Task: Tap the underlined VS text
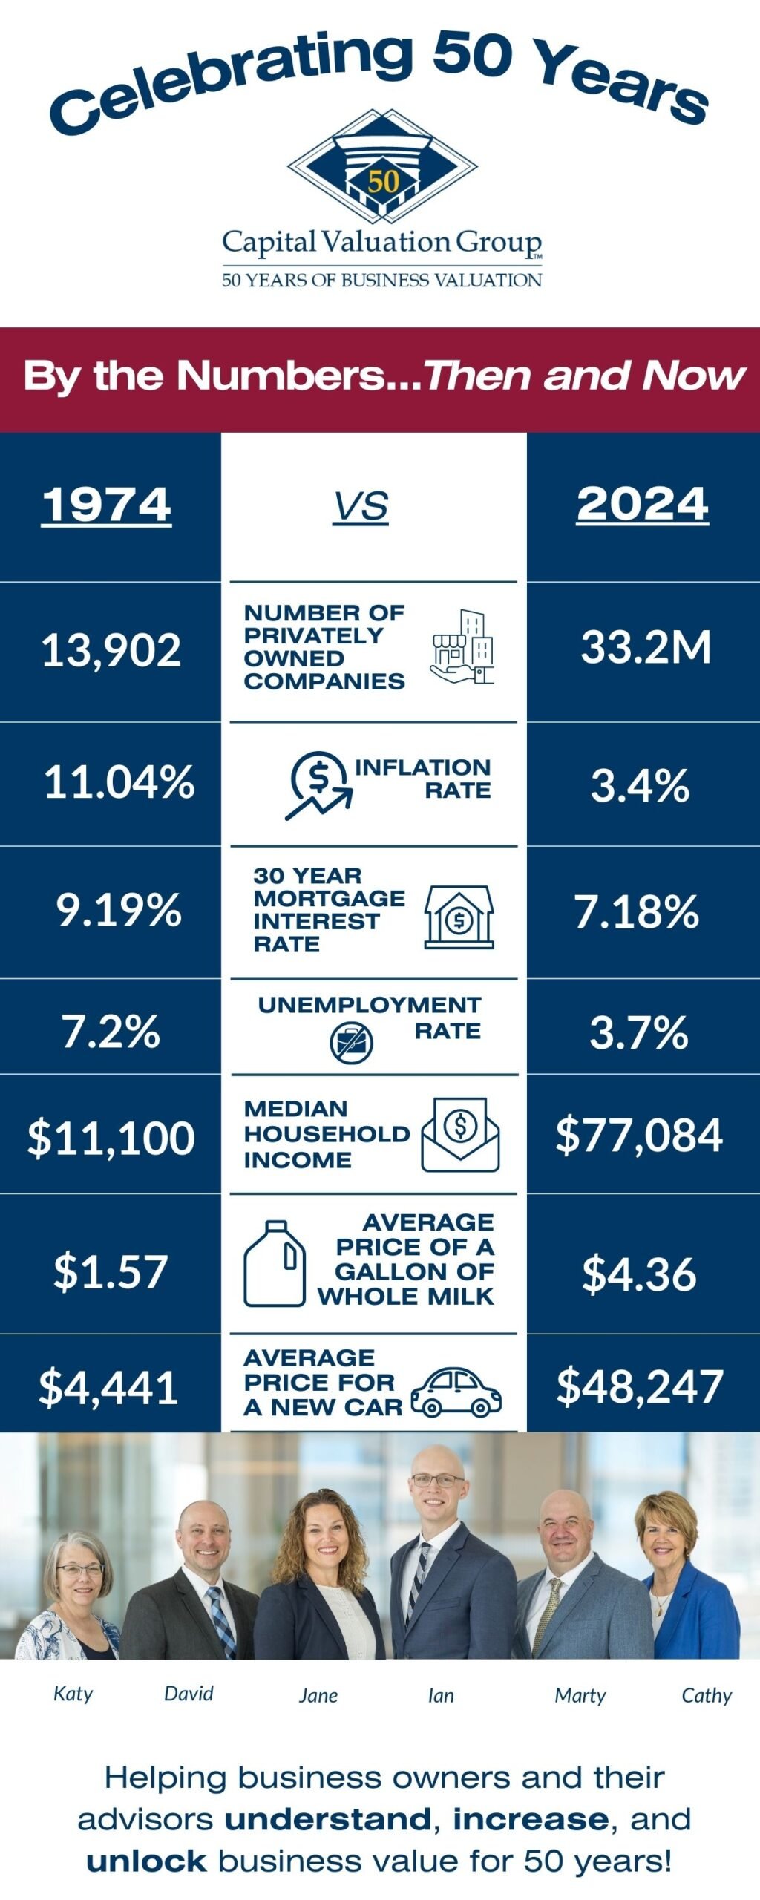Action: pos(361,507)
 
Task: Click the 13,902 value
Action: pos(111,650)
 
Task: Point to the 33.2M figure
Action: pos(645,646)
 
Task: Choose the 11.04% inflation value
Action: pos(119,782)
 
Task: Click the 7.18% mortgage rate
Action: pos(636,911)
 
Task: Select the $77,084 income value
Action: pos(638,1135)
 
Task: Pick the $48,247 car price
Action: pos(639,1386)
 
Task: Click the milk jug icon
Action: pos(274,1263)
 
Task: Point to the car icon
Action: pos(456,1392)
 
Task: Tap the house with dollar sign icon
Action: pos(459,917)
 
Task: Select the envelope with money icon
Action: pos(460,1135)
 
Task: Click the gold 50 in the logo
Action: pos(383,180)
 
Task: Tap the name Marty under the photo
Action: pos(580,1695)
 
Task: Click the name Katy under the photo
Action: pos(73,1694)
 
